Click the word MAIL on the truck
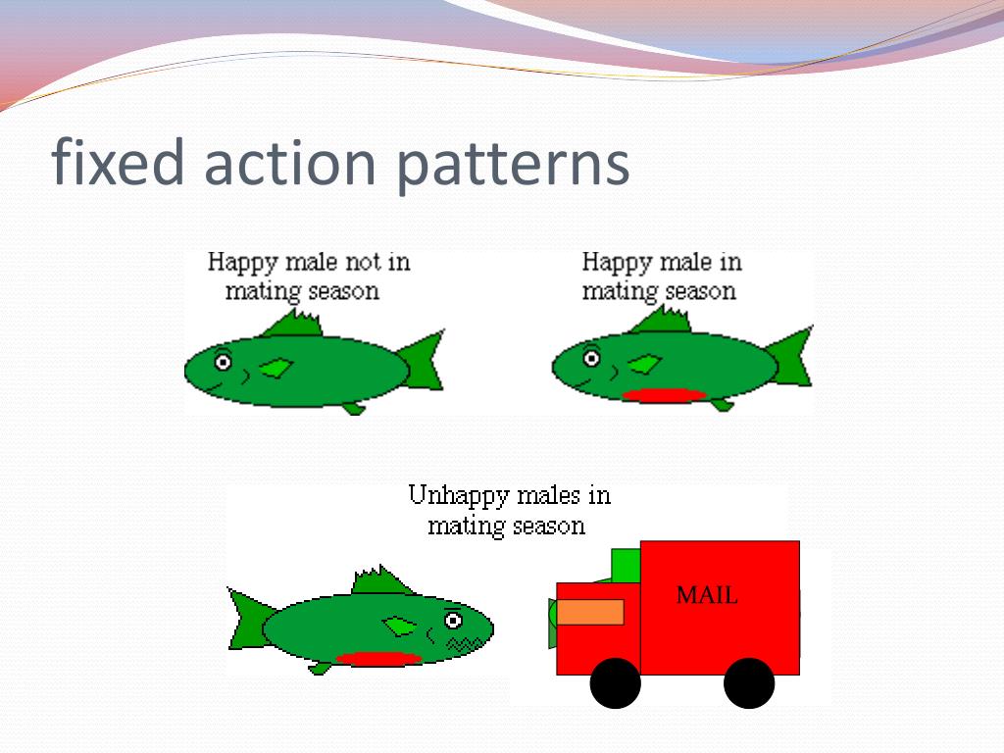[706, 595]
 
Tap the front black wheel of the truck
[616, 683]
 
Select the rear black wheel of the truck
[749, 683]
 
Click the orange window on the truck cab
[590, 612]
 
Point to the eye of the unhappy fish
[453, 620]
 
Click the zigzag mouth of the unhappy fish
[459, 643]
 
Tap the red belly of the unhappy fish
[378, 658]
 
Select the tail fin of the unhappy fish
[250, 619]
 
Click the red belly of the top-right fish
[665, 395]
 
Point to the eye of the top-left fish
[223, 362]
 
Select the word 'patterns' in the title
[513, 164]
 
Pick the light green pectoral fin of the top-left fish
[277, 368]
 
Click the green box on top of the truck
[626, 565]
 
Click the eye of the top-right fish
[591, 358]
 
